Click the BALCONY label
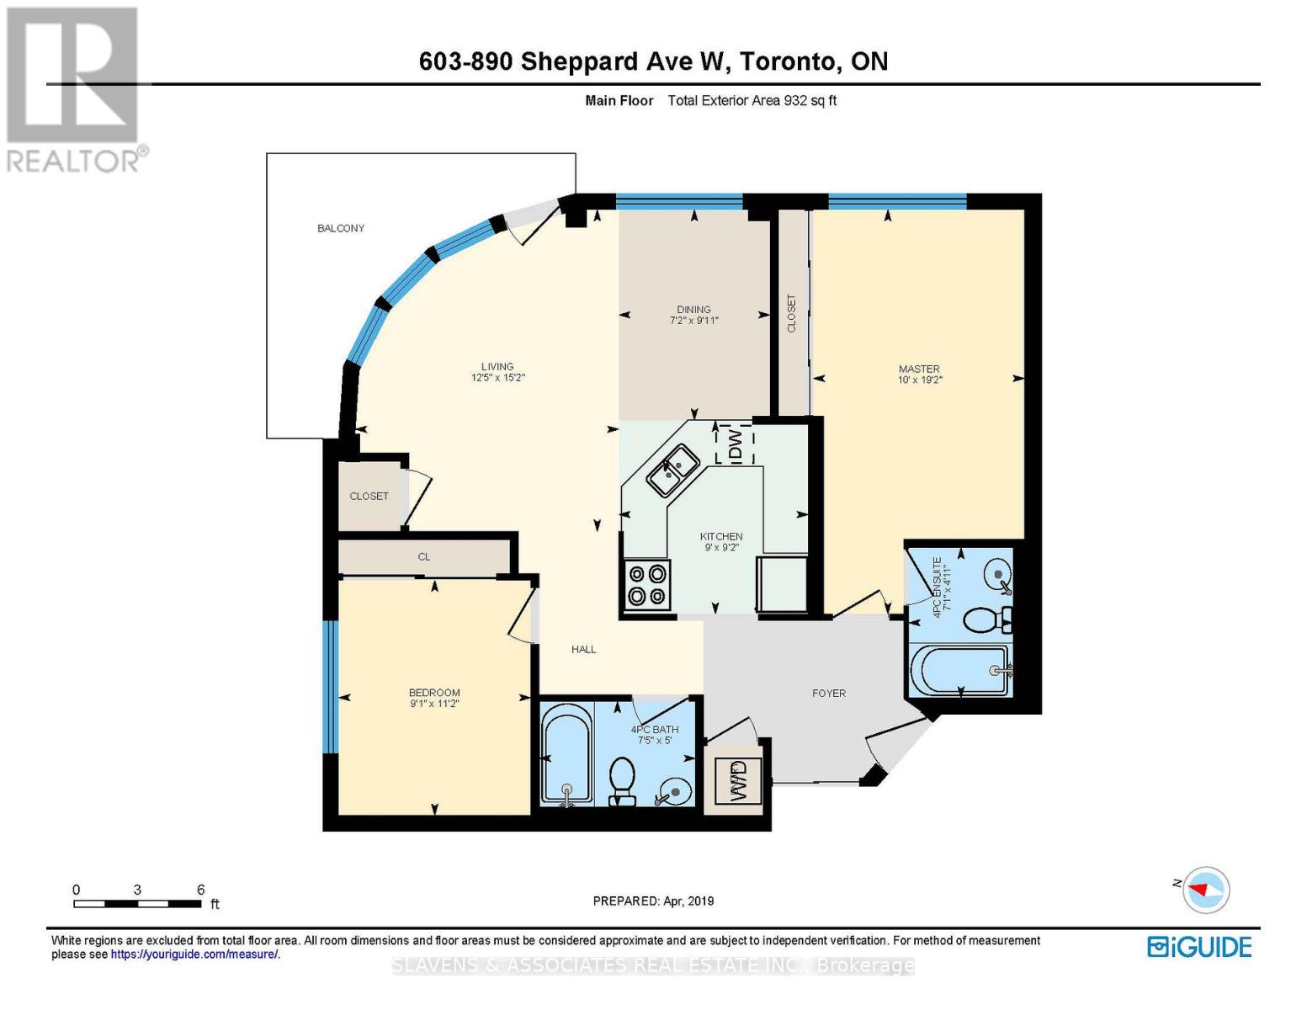coord(341,228)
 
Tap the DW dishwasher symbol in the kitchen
coord(735,444)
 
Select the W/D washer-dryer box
coord(738,779)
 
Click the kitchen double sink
coord(673,469)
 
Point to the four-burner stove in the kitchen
coord(646,584)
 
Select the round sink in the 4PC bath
coord(676,790)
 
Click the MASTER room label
coord(919,369)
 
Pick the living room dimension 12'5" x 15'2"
coord(498,378)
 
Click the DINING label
coord(693,309)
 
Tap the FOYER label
coord(829,694)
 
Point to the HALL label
coord(583,649)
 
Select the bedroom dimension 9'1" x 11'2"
coord(434,704)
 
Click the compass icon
coord(1207,889)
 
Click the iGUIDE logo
coord(1199,947)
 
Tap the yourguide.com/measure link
coord(194,954)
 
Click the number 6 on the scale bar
coord(200,890)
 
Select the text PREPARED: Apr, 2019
coord(653,901)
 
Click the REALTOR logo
coord(74,88)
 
